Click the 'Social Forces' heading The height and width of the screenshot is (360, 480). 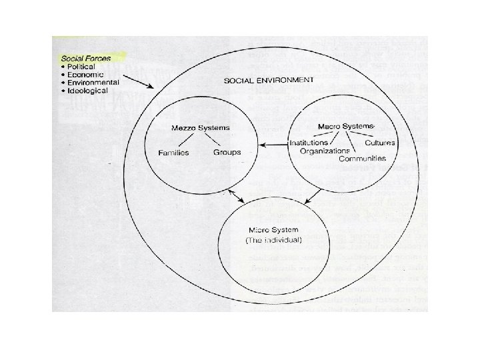(x=84, y=58)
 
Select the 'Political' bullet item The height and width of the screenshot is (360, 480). (x=81, y=67)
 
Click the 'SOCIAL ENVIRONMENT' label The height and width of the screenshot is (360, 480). (x=269, y=80)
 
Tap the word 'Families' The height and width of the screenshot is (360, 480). (x=173, y=153)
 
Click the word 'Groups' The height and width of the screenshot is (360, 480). (x=227, y=153)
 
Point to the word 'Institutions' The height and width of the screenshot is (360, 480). (x=309, y=143)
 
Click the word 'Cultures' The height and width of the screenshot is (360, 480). (x=380, y=143)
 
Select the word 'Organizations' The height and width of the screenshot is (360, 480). (x=319, y=151)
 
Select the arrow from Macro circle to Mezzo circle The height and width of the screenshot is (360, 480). (x=273, y=143)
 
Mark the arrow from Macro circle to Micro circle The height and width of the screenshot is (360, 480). (x=313, y=195)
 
